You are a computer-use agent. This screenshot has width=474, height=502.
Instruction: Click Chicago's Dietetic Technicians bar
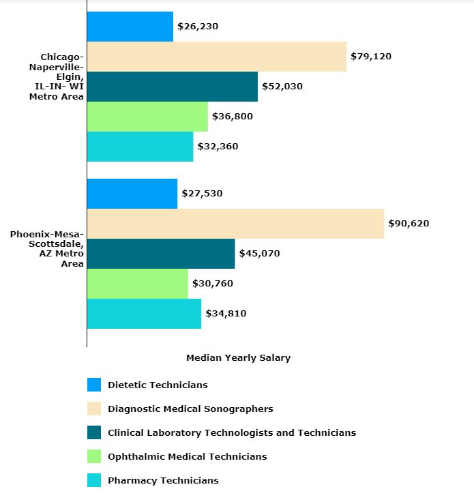[130, 27]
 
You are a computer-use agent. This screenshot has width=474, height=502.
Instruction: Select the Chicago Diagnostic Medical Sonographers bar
[216, 57]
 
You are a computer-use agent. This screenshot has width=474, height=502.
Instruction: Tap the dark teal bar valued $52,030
[172, 87]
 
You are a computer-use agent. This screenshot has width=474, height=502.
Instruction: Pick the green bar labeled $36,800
[147, 117]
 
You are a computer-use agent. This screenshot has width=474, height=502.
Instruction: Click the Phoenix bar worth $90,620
[235, 224]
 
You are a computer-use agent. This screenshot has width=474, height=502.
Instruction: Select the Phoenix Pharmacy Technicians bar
[144, 314]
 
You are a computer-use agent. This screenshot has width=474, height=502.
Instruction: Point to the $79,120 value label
[370, 57]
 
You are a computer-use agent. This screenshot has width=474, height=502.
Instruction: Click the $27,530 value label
[202, 194]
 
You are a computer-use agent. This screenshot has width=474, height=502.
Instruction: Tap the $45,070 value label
[259, 254]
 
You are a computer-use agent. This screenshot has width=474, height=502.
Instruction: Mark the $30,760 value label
[213, 284]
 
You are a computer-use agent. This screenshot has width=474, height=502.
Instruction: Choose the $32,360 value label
[218, 147]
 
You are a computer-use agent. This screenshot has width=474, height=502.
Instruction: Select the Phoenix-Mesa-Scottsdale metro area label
[47, 249]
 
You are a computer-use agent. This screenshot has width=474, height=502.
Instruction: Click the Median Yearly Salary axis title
[238, 358]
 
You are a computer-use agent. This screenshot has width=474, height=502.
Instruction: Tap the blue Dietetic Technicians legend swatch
[94, 385]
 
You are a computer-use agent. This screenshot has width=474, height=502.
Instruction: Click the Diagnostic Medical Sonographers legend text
[190, 409]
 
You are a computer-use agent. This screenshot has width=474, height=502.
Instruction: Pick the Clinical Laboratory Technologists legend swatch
[94, 432]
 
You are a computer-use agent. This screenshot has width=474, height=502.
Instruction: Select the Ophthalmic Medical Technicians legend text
[187, 457]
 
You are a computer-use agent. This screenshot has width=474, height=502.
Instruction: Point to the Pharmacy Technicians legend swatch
[94, 480]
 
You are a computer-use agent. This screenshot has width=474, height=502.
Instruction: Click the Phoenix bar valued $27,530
[132, 194]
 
